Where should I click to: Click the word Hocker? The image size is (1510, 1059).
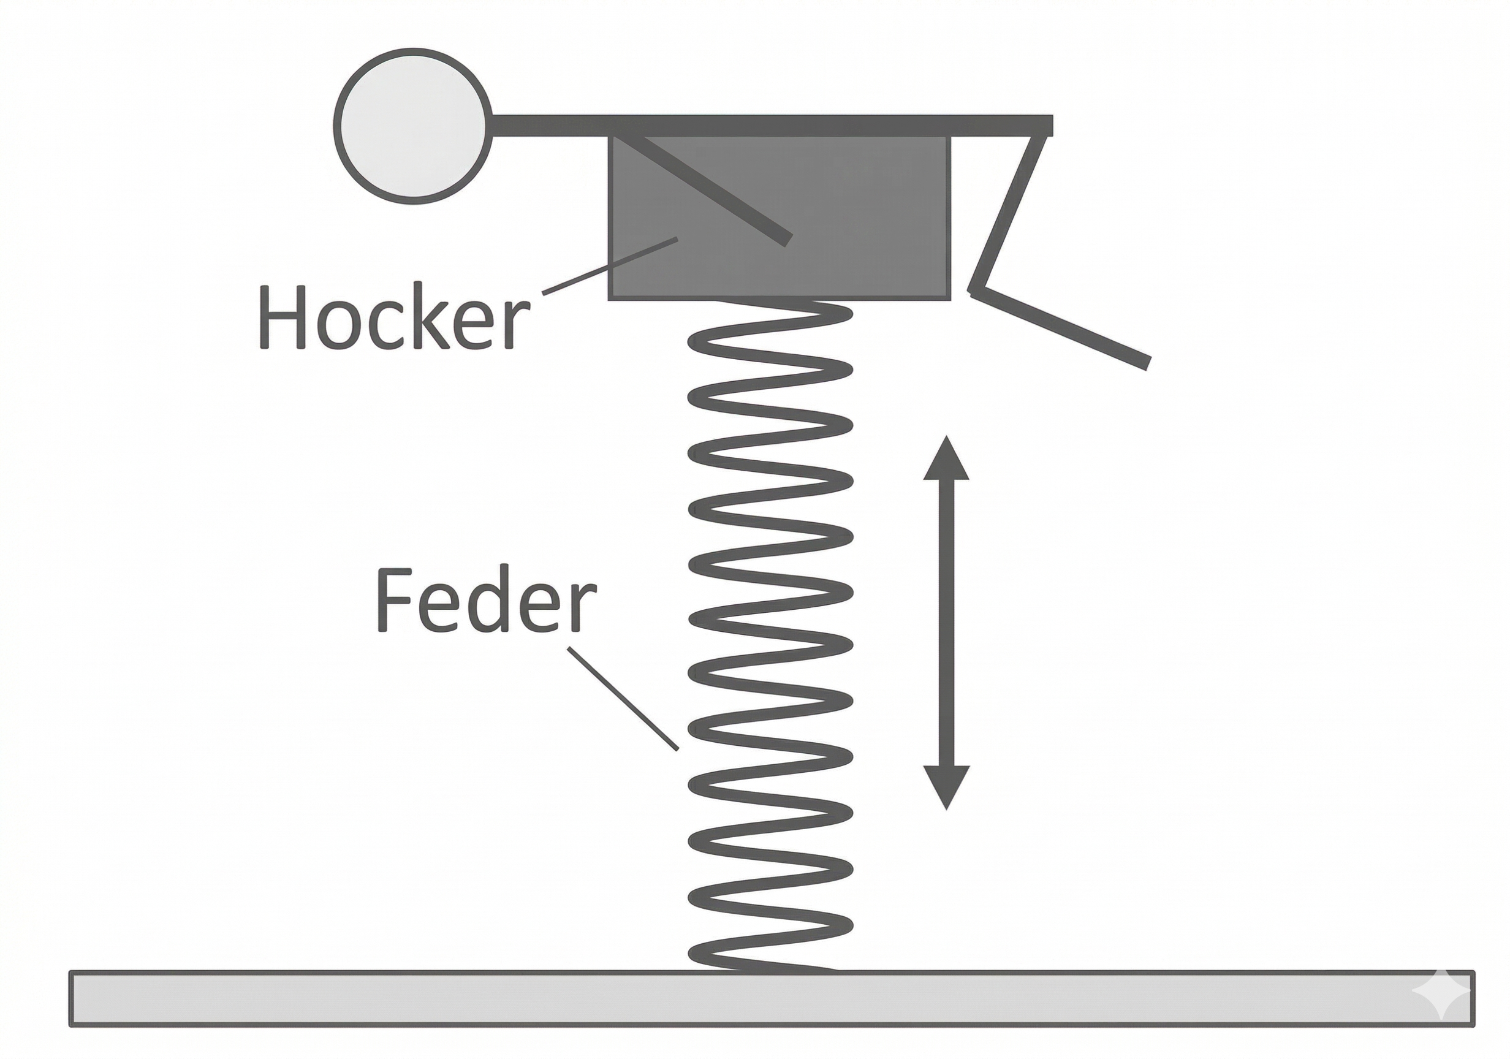click(394, 317)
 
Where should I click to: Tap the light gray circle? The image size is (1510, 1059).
click(413, 126)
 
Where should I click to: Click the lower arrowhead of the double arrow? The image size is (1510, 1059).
click(946, 786)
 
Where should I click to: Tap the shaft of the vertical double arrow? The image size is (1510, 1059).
click(946, 621)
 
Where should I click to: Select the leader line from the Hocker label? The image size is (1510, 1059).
click(609, 267)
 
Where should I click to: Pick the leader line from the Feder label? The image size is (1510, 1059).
click(622, 698)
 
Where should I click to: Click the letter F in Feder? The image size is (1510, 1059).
click(390, 600)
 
